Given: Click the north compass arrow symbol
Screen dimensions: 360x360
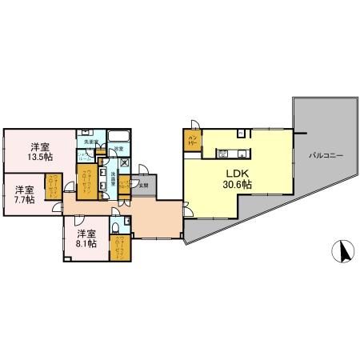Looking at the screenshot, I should point(342,252).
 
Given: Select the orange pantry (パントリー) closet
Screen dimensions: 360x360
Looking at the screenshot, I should point(192,142).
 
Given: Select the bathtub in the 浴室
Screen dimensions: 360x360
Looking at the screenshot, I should point(120,135).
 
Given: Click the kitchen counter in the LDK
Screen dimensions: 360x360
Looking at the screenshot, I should point(233,153).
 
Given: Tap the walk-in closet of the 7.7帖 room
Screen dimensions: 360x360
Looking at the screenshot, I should point(53,191).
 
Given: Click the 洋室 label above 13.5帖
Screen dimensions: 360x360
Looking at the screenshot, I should point(41,146).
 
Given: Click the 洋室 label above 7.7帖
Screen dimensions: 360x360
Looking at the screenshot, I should point(24,189).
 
